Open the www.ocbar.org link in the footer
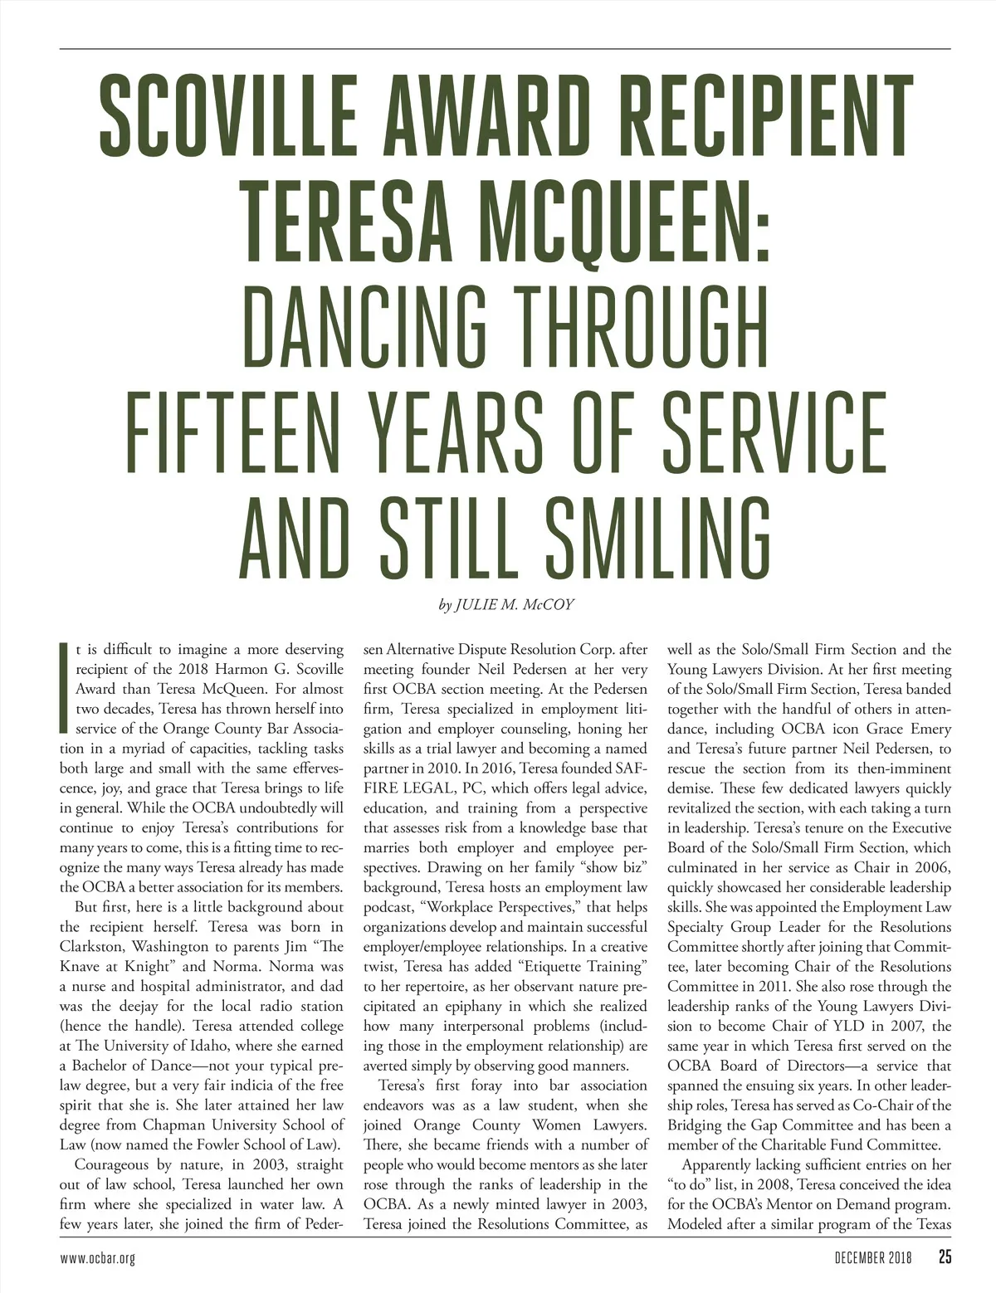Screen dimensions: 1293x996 pos(97,1257)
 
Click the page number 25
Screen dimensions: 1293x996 pos(945,1256)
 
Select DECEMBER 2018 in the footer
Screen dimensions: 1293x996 pos(872,1257)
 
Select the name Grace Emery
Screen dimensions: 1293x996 pos(897,729)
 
